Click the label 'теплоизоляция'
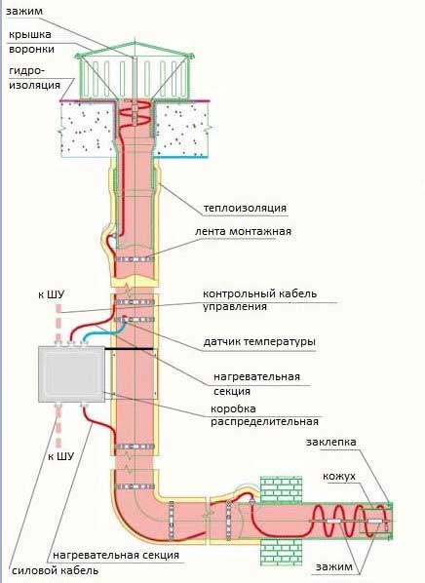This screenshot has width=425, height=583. tap(245, 208)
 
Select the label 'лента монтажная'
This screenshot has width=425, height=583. tap(243, 231)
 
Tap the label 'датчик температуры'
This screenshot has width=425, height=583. tap(259, 341)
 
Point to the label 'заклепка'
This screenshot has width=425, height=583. tap(330, 442)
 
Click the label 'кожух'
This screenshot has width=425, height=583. tap(339, 477)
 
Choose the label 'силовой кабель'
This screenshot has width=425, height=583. tap(56, 570)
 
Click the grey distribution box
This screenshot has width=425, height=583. tap(71, 374)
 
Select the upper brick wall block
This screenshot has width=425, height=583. tap(281, 489)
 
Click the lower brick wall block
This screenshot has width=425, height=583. tap(281, 552)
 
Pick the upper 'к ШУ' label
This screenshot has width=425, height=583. tap(52, 294)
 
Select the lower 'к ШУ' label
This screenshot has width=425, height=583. tap(61, 456)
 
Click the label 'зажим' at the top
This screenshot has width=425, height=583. tap(24, 11)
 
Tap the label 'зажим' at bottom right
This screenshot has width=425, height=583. tap(334, 566)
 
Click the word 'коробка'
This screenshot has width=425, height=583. tap(233, 408)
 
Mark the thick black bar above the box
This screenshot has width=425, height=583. tap(129, 348)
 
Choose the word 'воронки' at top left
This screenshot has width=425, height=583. tap(31, 49)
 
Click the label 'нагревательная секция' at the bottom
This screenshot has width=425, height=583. tap(116, 555)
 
